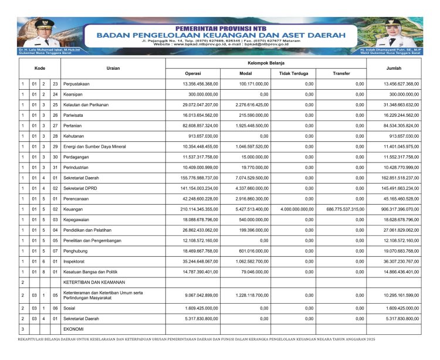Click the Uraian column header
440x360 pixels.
[113, 68]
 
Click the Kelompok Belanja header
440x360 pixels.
[266, 62]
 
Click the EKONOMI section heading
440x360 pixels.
[75, 330]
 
